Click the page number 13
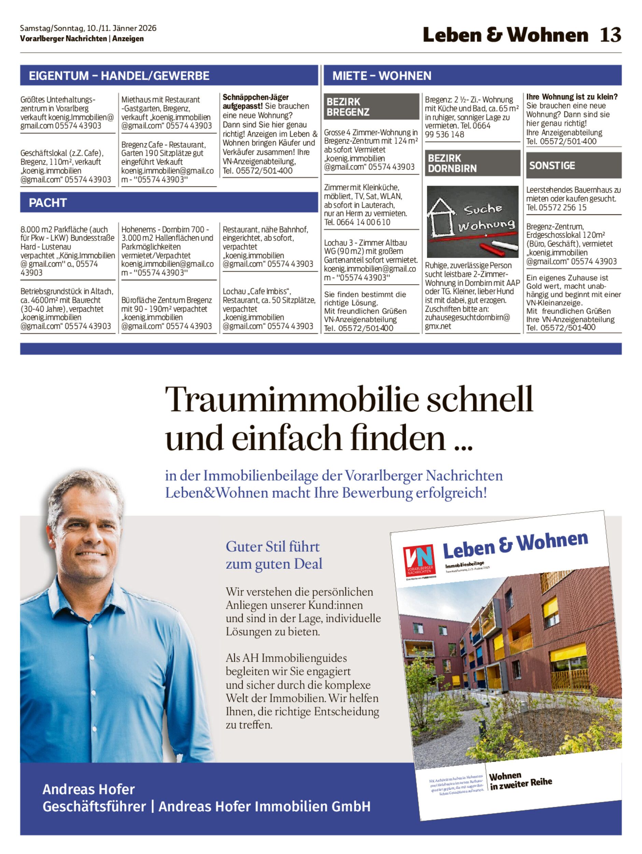[610, 35]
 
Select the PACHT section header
[48, 202]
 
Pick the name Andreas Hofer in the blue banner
[88, 789]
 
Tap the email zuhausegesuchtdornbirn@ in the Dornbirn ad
[467, 317]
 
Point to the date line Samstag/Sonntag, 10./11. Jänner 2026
[88, 28]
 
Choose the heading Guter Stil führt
[272, 547]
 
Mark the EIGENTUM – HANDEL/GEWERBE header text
[119, 76]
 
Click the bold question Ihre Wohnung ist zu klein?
[572, 97]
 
